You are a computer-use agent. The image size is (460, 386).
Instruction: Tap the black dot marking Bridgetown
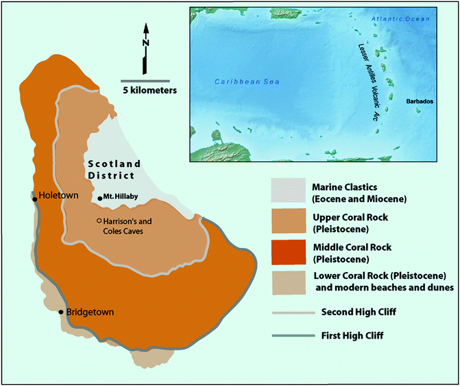pyautogui.click(x=62, y=313)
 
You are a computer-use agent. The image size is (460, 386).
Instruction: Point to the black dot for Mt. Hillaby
pyautogui.click(x=100, y=198)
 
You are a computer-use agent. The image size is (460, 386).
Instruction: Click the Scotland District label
pyautogui.click(x=113, y=169)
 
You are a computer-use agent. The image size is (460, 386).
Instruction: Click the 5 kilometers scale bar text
pyautogui.click(x=149, y=89)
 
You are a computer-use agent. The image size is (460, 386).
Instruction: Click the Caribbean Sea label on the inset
pyautogui.click(x=238, y=82)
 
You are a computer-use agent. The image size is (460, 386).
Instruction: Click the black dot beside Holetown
pyautogui.click(x=36, y=196)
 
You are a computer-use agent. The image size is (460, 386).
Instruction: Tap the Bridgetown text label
pyautogui.click(x=90, y=313)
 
